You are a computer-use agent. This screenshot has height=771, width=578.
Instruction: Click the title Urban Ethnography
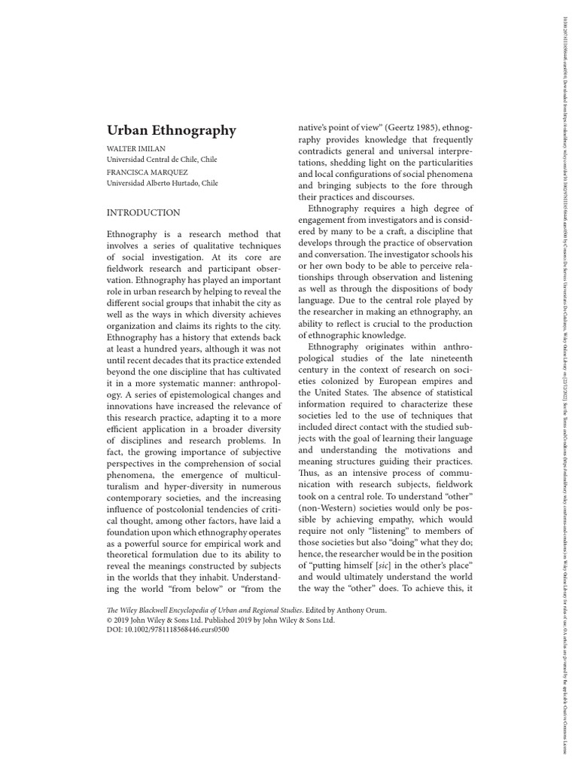(x=171, y=130)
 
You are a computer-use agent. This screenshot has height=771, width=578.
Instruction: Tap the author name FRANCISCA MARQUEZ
(x=146, y=172)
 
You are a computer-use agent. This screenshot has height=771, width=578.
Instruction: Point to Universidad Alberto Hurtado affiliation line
(x=162, y=182)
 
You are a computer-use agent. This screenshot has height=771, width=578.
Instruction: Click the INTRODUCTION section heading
(x=143, y=213)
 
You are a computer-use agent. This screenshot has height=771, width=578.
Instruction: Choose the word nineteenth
(x=449, y=358)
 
